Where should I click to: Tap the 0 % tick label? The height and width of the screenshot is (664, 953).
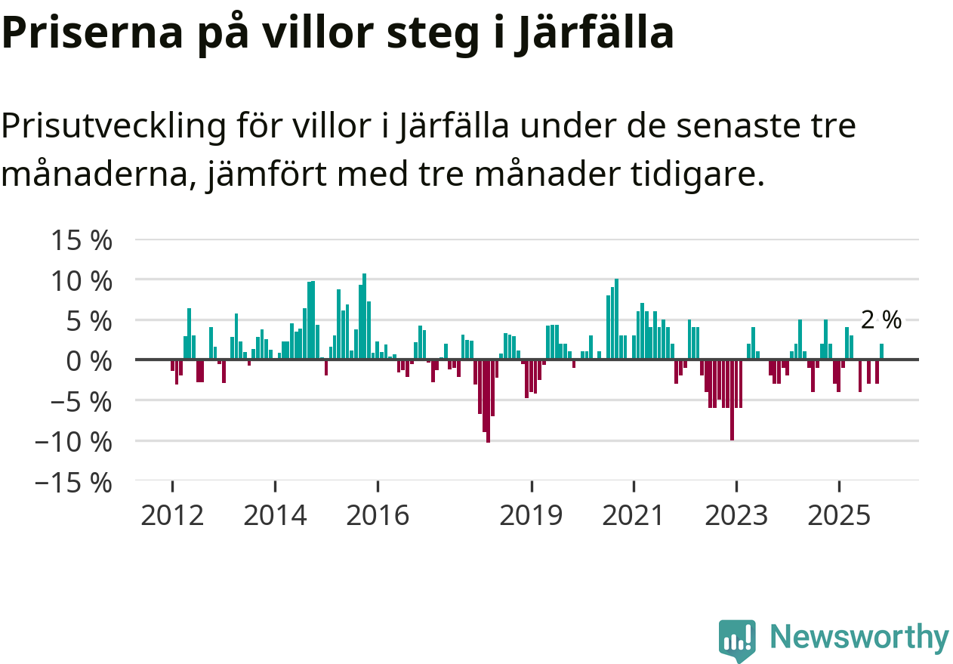(85, 360)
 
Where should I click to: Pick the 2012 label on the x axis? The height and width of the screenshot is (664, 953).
(172, 517)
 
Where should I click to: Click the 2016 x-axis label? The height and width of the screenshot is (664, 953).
(378, 517)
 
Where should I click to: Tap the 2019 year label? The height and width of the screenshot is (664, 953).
(532, 517)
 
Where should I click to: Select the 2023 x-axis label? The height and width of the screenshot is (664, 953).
(736, 517)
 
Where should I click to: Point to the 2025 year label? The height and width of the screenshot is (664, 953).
(839, 517)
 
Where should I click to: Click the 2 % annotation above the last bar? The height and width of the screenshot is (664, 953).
(881, 320)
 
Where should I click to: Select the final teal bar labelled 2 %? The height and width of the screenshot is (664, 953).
(881, 352)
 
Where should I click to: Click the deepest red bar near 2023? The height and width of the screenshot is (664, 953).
(732, 400)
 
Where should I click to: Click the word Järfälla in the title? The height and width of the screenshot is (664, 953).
(594, 33)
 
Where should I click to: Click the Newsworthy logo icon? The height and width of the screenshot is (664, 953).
(737, 641)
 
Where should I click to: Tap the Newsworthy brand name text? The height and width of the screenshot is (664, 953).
(859, 638)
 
